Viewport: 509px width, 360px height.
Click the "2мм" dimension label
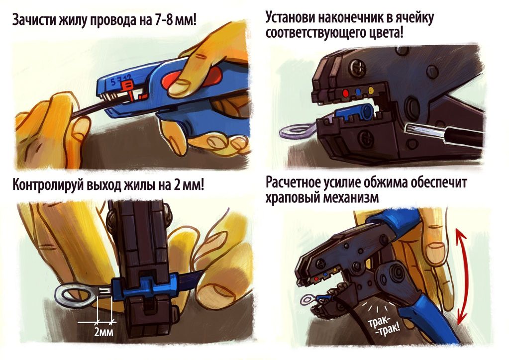104,332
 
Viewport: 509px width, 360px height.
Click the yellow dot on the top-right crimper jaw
371,90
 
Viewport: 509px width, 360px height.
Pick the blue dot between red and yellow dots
358,92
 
